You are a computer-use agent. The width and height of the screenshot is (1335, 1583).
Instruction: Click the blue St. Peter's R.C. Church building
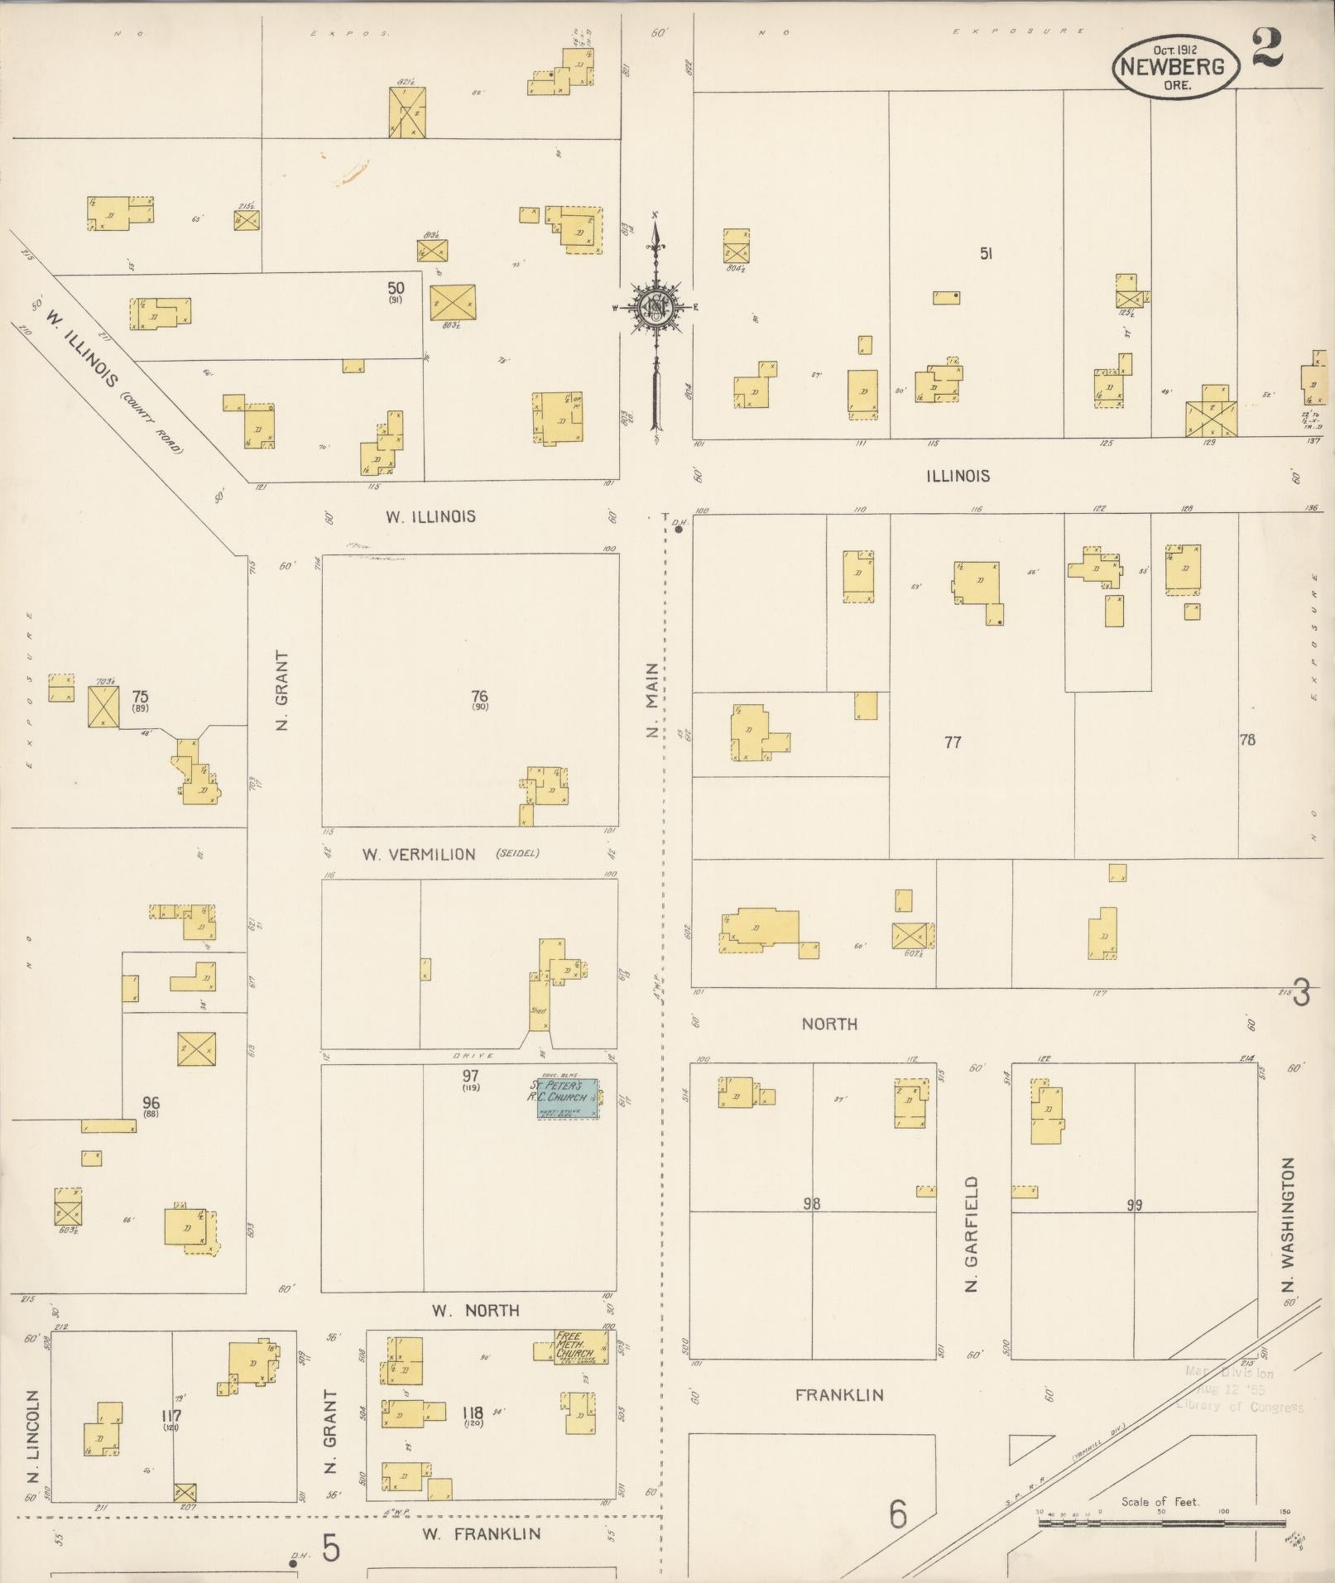tap(565, 1098)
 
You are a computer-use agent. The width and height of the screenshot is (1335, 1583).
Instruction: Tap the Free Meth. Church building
tap(574, 1345)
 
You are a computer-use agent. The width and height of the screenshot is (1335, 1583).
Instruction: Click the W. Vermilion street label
tap(419, 854)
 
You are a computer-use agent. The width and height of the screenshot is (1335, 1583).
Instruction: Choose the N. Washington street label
tap(1288, 1225)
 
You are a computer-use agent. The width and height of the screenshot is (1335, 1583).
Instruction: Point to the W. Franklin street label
tap(481, 1533)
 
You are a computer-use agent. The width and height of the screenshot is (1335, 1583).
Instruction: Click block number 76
tap(479, 696)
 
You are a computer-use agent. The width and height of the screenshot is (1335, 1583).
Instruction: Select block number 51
tap(986, 254)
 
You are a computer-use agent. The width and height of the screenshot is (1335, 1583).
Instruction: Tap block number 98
tap(811, 1204)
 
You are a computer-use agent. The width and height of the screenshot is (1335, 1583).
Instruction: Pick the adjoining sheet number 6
tap(898, 1515)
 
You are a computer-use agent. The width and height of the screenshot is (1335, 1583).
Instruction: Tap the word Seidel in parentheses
tap(517, 853)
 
